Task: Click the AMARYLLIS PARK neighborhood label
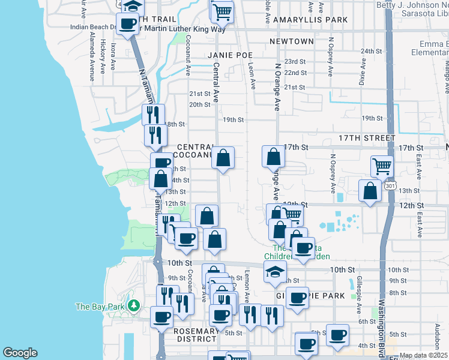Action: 310,20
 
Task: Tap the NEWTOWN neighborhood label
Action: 292,41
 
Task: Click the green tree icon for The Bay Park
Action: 134,306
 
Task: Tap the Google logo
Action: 20,353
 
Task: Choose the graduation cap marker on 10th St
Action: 276,272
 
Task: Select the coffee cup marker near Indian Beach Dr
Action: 127,24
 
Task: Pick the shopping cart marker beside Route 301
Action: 382,166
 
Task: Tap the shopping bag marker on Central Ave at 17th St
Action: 223,158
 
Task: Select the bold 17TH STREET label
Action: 367,138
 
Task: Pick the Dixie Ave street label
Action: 362,71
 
